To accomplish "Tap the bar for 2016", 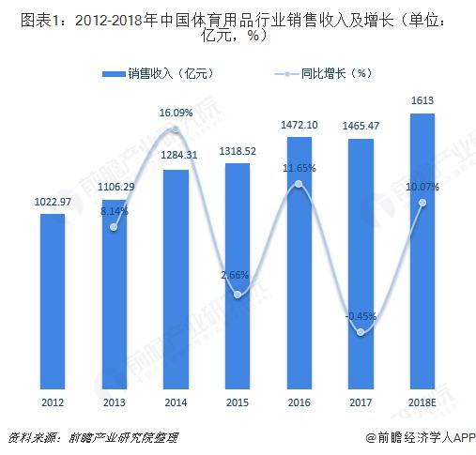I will click(x=299, y=264).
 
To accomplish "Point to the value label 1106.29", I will click(x=114, y=189).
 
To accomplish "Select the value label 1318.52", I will click(x=237, y=149).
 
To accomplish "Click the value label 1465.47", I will click(x=361, y=124).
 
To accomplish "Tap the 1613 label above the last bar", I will click(x=422, y=99).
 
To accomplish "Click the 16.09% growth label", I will click(x=176, y=113).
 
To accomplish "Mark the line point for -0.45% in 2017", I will click(x=361, y=331).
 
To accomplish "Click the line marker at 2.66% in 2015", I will click(x=238, y=295).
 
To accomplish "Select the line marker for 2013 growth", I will click(x=114, y=227).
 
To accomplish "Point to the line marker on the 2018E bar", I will click(x=422, y=203).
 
